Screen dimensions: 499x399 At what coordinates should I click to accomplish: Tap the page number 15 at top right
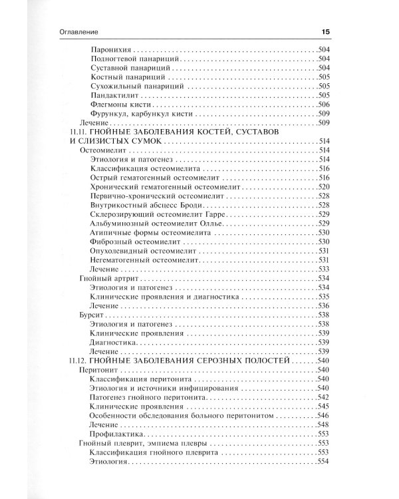325,31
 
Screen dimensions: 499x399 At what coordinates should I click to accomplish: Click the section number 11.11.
78,132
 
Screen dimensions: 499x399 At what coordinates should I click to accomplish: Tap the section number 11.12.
78,360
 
